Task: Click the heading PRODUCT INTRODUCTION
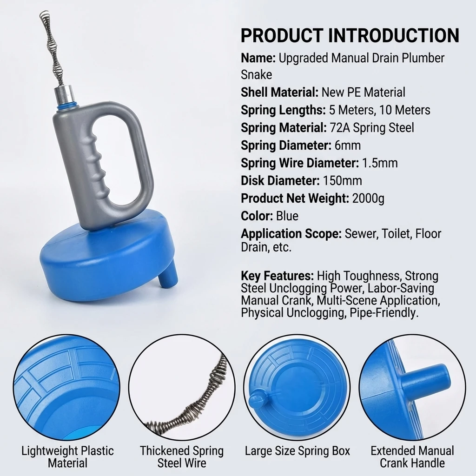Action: coord(350,36)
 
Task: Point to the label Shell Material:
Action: coord(280,92)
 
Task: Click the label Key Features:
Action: coord(277,276)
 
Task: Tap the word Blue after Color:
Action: coord(287,216)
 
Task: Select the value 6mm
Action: coord(348,145)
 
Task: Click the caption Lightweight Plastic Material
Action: coord(67,456)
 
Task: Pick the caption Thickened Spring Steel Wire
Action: coord(182,456)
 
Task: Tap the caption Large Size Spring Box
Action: coord(297,451)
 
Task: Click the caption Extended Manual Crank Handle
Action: coord(412,456)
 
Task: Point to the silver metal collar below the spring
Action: coord(64,95)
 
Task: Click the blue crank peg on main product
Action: coord(168,276)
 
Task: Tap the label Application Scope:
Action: coord(291,234)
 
